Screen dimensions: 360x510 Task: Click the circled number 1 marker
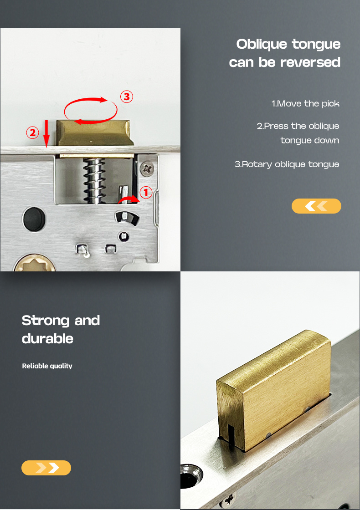click(145, 192)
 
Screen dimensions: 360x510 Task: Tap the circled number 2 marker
click(32, 133)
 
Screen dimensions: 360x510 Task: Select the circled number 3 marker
click(127, 97)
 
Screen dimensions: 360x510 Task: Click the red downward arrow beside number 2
click(46, 133)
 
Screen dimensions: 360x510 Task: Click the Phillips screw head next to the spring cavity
click(147, 169)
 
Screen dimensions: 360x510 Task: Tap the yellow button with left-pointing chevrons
click(316, 206)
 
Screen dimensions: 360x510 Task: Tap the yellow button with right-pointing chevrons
click(46, 468)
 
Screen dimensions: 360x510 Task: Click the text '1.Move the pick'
click(305, 104)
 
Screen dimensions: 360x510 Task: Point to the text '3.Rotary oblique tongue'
click(287, 164)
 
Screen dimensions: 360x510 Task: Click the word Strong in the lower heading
click(46, 321)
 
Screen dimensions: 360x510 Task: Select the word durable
click(47, 339)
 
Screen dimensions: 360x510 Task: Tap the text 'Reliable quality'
click(47, 366)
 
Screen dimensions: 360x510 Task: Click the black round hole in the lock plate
click(34, 219)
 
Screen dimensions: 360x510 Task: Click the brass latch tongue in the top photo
click(95, 133)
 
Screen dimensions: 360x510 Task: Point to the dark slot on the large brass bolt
click(231, 436)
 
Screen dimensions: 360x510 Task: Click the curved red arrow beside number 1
click(129, 199)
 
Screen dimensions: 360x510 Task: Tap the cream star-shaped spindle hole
click(34, 264)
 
